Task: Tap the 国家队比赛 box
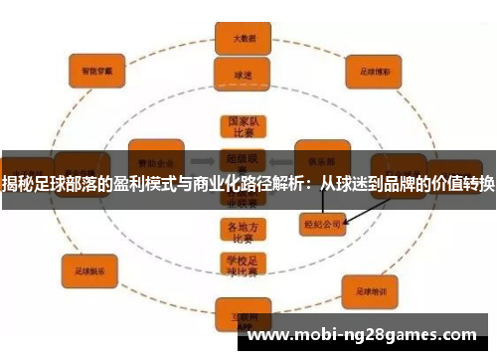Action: tap(243, 130)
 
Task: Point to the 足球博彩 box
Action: tap(371, 71)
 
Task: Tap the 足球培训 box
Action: tap(375, 291)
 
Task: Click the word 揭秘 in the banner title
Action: tap(17, 184)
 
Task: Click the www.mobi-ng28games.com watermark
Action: tap(362, 335)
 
